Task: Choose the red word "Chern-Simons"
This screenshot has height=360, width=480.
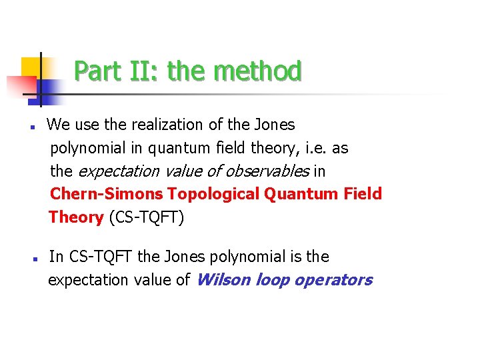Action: pyautogui.click(x=107, y=194)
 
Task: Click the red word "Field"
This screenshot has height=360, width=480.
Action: pyautogui.click(x=363, y=194)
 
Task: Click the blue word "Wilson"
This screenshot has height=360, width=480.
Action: pyautogui.click(x=222, y=280)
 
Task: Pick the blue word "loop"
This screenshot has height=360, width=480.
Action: pyautogui.click(x=271, y=280)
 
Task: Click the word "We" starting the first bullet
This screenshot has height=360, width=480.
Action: pyautogui.click(x=57, y=125)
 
